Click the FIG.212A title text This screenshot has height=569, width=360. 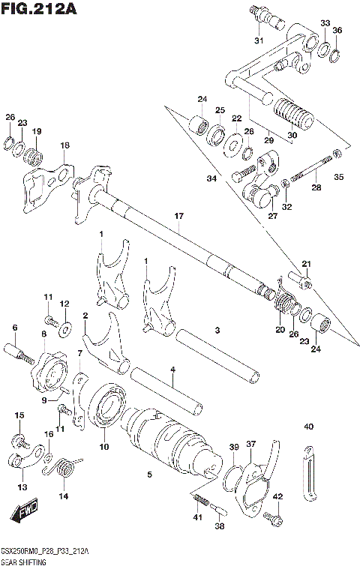(x=40, y=9)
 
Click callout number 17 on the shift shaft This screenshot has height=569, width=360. (x=178, y=217)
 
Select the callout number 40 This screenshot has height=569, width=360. (x=308, y=427)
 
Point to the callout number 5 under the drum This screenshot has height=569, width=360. (x=149, y=475)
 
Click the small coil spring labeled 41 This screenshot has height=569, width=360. (x=199, y=501)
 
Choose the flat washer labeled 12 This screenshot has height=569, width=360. (x=64, y=328)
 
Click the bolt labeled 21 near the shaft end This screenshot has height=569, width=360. (x=305, y=282)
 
